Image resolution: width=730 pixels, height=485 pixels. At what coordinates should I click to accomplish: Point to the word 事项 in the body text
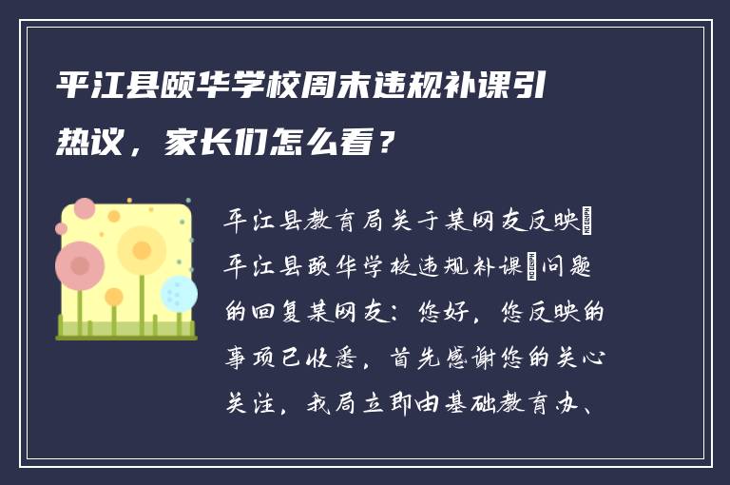click(247, 360)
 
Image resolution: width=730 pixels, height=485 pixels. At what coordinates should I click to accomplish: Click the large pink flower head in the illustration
click(79, 265)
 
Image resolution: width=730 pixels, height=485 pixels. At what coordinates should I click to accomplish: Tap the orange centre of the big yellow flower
click(143, 250)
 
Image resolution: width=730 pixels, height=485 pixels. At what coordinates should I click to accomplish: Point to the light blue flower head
click(179, 293)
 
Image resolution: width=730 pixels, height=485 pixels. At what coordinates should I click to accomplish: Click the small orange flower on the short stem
click(113, 298)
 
